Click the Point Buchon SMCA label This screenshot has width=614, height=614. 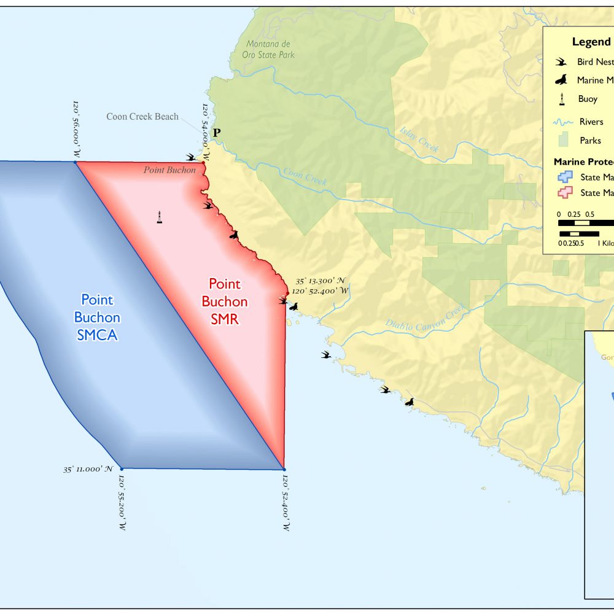pos(97,317)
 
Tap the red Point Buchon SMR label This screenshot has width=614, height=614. pos(224,301)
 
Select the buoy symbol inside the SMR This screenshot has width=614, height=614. pos(160,217)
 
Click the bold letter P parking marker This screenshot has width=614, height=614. pos(216,132)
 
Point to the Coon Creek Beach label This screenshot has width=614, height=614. pos(142,117)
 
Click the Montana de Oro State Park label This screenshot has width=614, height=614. pos(270,49)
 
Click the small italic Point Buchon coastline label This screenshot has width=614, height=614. pos(169,170)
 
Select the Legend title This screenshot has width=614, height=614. pos(591,42)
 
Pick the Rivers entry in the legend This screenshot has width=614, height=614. pos(591,122)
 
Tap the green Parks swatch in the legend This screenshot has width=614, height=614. pos(561,140)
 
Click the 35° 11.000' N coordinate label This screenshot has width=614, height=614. pos(88,469)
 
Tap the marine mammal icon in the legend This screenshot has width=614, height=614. pos(561,80)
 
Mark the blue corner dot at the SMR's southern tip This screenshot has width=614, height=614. pos(284,469)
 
